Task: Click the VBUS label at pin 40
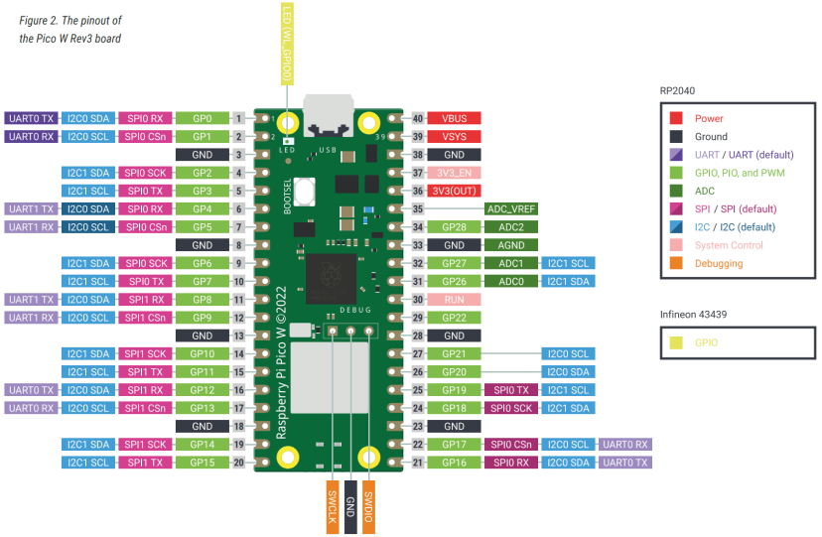454,118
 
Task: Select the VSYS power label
454,136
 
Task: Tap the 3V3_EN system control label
454,173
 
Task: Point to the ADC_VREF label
511,208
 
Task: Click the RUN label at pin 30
454,299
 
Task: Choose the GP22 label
454,317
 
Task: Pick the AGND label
511,244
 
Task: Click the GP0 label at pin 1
203,118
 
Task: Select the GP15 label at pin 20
203,463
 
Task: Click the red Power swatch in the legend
675,118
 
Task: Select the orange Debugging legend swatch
675,263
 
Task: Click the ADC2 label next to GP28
511,226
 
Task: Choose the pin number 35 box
418,208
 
